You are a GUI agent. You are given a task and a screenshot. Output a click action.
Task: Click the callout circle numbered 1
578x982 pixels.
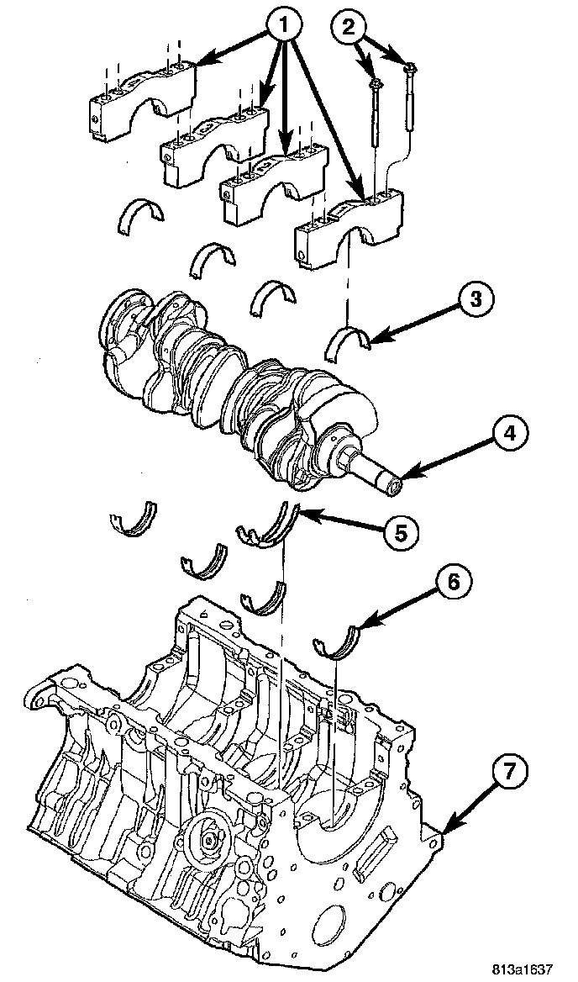click(x=283, y=26)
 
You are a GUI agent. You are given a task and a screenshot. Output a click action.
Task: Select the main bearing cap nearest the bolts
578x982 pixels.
click(x=348, y=230)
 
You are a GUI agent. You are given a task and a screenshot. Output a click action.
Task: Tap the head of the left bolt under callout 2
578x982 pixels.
click(x=376, y=82)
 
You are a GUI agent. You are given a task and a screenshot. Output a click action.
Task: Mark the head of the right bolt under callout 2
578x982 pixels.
click(x=410, y=66)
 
